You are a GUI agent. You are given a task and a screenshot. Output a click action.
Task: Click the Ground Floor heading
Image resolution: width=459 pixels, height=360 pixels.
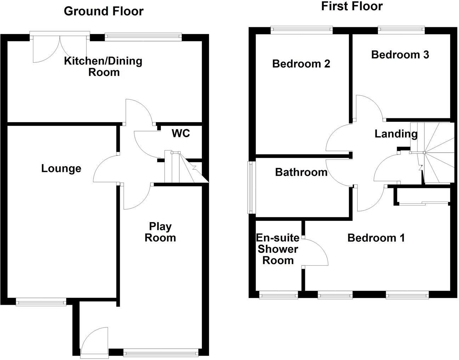click(103, 11)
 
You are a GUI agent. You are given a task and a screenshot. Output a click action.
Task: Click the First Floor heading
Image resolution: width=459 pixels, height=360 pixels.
click(352, 6)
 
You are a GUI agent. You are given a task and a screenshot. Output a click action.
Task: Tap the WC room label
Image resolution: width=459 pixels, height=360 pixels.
click(181, 133)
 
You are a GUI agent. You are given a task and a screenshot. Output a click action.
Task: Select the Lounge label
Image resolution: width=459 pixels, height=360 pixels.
click(61, 168)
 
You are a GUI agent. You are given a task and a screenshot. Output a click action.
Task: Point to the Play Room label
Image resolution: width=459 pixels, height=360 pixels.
click(160, 232)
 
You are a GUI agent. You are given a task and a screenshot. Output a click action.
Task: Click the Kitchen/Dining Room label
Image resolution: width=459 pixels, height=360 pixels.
click(103, 67)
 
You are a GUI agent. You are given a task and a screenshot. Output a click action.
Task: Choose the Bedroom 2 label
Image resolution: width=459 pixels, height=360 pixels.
click(301, 64)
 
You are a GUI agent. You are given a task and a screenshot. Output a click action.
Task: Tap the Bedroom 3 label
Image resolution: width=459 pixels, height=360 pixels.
click(400, 55)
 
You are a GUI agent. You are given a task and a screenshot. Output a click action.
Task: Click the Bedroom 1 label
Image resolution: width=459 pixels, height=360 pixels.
click(376, 237)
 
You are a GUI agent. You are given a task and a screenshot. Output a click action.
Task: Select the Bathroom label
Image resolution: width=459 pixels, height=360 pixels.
click(301, 172)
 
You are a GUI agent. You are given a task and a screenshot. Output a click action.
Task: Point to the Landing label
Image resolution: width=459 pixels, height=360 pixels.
click(396, 134)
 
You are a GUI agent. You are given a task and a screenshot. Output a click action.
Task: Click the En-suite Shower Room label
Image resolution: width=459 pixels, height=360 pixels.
click(278, 249)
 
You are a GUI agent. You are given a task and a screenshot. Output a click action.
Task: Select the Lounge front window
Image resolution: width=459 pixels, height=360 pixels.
click(41, 302)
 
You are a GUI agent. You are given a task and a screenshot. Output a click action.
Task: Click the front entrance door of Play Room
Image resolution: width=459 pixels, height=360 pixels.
click(94, 340)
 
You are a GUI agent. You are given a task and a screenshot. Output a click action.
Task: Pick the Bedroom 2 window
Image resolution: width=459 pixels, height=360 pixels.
click(302, 30)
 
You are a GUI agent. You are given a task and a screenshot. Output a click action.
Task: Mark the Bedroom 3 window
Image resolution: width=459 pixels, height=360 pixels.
click(401, 30)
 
